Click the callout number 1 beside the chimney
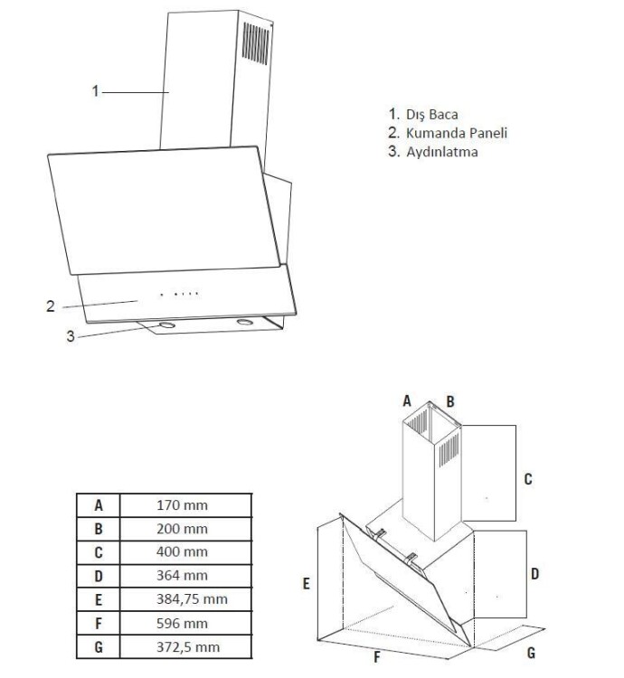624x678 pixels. click(95, 90)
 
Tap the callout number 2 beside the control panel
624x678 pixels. click(52, 306)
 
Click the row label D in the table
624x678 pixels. click(99, 576)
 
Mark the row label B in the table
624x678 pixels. click(99, 528)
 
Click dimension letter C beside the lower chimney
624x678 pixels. click(528, 479)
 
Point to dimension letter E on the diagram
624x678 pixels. click(307, 585)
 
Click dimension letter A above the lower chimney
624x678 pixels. click(407, 400)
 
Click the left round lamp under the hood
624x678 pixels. click(166, 324)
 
